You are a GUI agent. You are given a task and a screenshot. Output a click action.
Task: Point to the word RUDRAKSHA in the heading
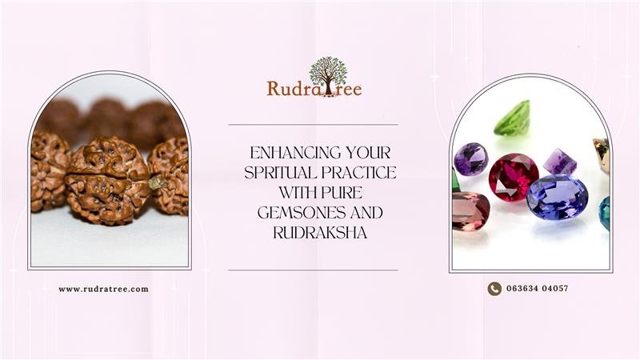click(313, 232)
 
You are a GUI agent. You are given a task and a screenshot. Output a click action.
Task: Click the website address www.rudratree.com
click(103, 289)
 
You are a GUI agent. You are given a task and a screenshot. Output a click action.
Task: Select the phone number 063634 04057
click(537, 289)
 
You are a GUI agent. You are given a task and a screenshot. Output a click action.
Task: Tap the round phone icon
click(494, 289)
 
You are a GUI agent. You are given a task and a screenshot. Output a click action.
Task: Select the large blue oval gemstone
click(557, 196)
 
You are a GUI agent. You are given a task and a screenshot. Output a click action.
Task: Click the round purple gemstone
click(470, 158)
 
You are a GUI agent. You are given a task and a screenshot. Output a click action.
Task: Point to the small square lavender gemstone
click(561, 161)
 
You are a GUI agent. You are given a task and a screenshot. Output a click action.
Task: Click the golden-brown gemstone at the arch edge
click(602, 154)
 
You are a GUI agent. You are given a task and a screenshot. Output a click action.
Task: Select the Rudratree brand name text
click(314, 89)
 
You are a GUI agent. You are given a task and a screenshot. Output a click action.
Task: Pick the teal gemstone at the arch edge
click(605, 213)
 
